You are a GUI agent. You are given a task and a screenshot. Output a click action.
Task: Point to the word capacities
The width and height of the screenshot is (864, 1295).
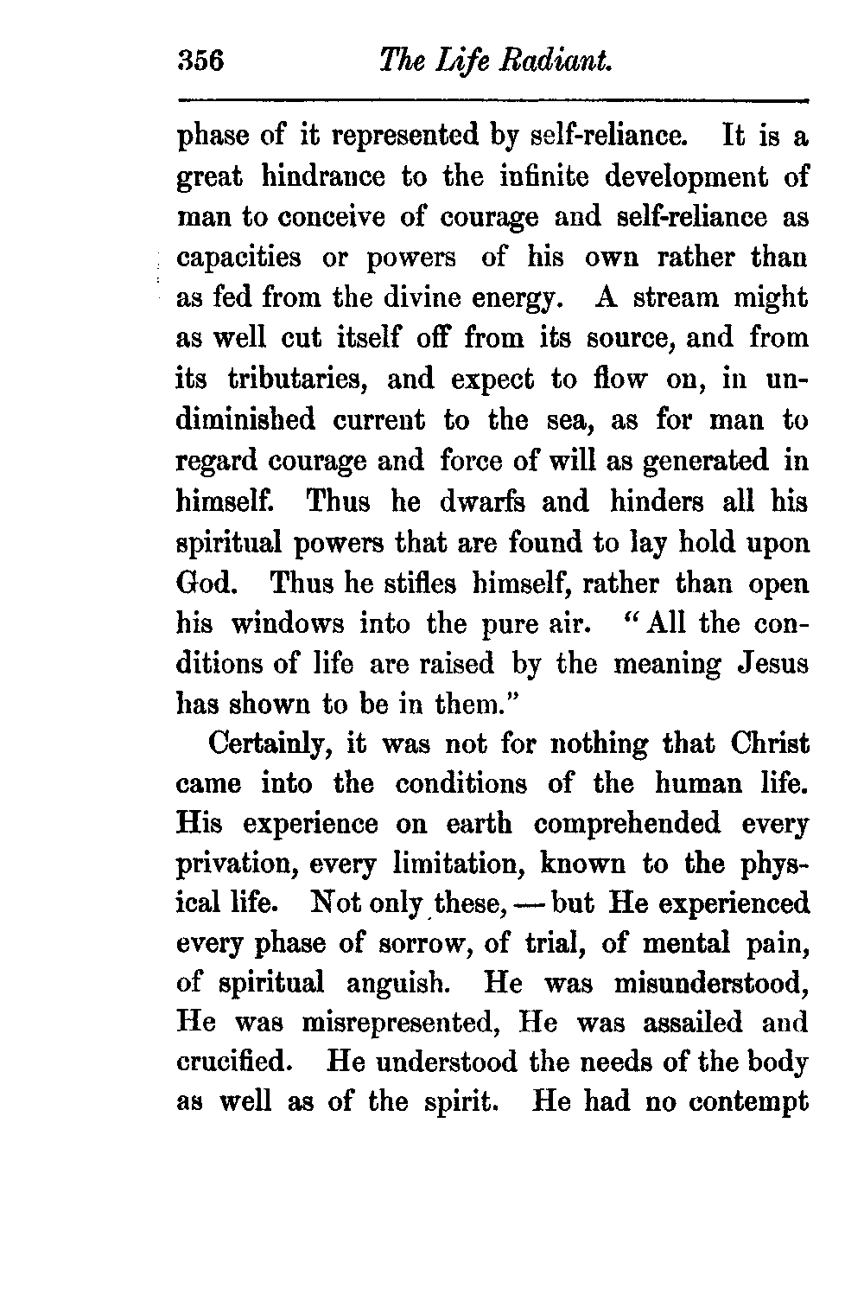coord(239,258)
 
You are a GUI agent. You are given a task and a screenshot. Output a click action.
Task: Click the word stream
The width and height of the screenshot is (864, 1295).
coord(680,298)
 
